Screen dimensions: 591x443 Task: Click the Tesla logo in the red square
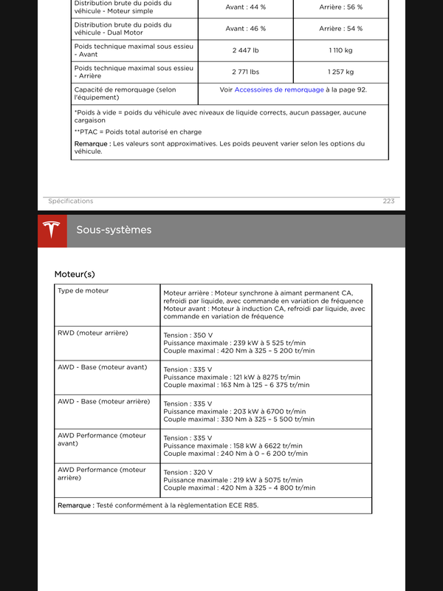click(x=52, y=230)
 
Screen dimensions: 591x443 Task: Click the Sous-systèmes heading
click(x=114, y=230)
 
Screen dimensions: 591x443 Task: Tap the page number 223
click(x=388, y=201)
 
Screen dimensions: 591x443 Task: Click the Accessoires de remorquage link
click(x=279, y=89)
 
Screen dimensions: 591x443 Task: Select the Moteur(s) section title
click(x=75, y=274)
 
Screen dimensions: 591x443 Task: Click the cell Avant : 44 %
click(x=245, y=7)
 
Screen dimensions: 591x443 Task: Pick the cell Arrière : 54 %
click(x=340, y=29)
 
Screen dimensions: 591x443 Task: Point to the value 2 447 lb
click(x=245, y=50)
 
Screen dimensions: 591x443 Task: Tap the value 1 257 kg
click(x=340, y=72)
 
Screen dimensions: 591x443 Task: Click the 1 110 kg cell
click(x=340, y=50)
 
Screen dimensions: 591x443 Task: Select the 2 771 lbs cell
click(x=245, y=72)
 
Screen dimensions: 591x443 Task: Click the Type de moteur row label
click(x=83, y=291)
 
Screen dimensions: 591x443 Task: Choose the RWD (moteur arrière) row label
click(x=92, y=333)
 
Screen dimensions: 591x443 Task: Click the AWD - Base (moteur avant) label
click(x=102, y=367)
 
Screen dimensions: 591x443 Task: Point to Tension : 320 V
click(x=188, y=472)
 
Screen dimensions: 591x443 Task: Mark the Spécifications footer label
click(x=71, y=201)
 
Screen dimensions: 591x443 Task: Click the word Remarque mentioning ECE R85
click(x=75, y=505)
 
